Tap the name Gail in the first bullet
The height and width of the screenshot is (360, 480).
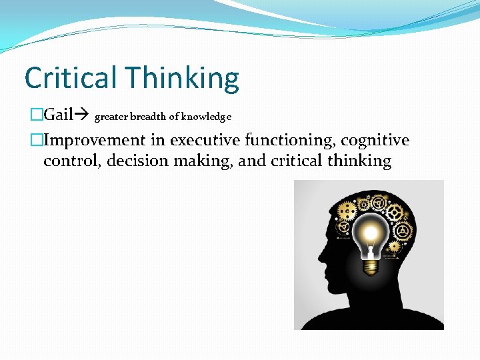point(58,115)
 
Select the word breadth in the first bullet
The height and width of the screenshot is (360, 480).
point(147,117)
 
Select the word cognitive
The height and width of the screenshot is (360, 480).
point(378,140)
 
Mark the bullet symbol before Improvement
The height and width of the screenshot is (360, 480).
point(36,141)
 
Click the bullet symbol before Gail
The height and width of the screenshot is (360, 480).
point(36,115)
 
